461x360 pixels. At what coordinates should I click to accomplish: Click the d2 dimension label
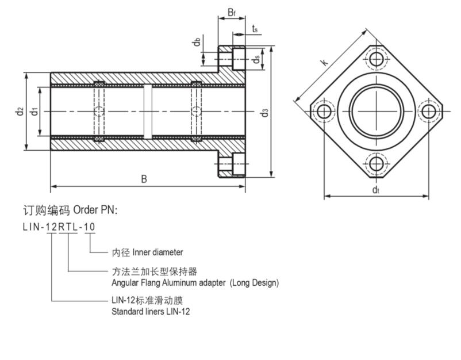[x=20, y=110]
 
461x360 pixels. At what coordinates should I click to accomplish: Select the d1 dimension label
[x=34, y=110]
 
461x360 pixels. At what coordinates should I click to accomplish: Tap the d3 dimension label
[x=264, y=112]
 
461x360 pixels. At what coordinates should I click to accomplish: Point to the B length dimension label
[x=144, y=179]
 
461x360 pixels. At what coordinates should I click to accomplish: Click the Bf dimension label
[x=231, y=12]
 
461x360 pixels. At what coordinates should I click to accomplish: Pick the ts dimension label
[x=255, y=28]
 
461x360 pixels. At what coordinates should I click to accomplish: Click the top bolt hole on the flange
[x=377, y=58]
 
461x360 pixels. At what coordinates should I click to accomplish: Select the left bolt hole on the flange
[x=324, y=111]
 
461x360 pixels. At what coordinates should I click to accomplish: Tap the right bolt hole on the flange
[x=429, y=111]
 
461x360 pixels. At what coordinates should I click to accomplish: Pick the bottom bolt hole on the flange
[x=377, y=164]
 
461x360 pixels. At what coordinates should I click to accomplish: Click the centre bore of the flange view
[x=377, y=111]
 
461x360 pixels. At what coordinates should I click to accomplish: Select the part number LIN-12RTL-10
[x=59, y=227]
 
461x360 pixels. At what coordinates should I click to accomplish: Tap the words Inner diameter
[x=158, y=252]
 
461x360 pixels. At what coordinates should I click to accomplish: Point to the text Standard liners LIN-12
[x=150, y=312]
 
